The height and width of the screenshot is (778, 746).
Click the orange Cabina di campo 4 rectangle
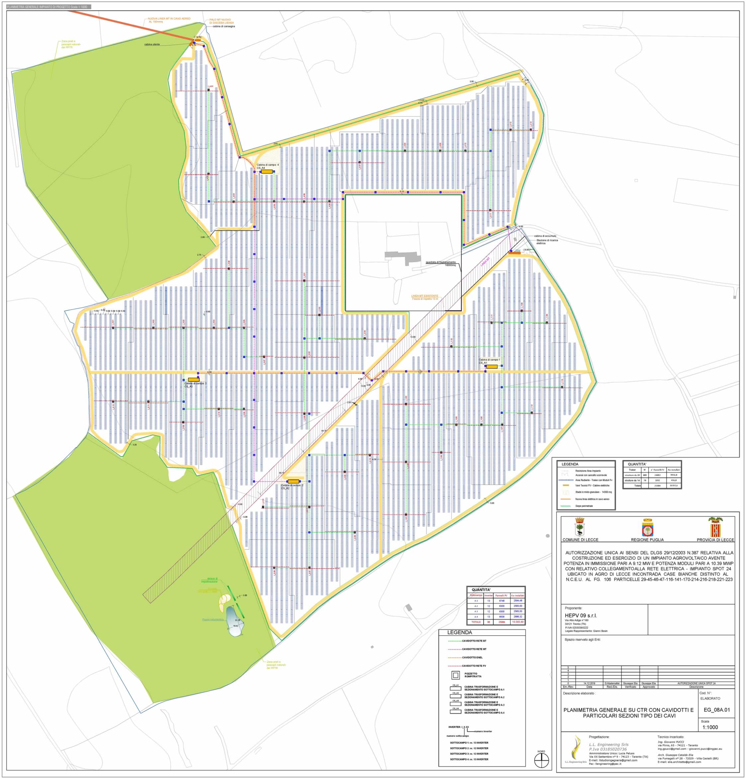(267, 172)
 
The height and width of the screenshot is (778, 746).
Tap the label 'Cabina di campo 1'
(489, 360)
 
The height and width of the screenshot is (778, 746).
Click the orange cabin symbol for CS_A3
(194, 379)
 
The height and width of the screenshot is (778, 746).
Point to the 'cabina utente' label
(152, 45)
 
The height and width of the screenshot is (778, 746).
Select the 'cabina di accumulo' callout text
(545, 236)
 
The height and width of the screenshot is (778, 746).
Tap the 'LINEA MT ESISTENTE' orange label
(424, 296)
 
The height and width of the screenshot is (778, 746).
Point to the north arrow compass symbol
(541, 760)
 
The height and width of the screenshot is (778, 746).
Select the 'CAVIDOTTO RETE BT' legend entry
(474, 641)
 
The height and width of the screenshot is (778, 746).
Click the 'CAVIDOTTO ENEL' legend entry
(472, 657)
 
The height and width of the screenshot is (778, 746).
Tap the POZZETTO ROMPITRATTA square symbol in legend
(455, 675)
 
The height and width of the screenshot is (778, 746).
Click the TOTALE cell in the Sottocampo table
(476, 622)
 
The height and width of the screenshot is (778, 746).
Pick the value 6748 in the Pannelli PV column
(502, 601)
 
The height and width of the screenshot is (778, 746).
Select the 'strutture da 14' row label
(632, 480)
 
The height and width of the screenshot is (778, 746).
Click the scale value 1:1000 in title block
(710, 727)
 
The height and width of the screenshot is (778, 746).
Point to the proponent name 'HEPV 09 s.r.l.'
(581, 616)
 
